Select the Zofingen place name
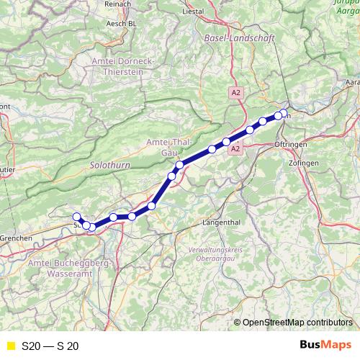pos(305,163)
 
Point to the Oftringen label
pos(291,145)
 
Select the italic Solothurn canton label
pos(108,165)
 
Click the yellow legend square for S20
pos(10,346)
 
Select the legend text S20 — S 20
pos(50,346)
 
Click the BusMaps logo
pos(325,345)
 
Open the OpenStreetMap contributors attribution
pos(297,322)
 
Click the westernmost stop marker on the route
pos(76,217)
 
